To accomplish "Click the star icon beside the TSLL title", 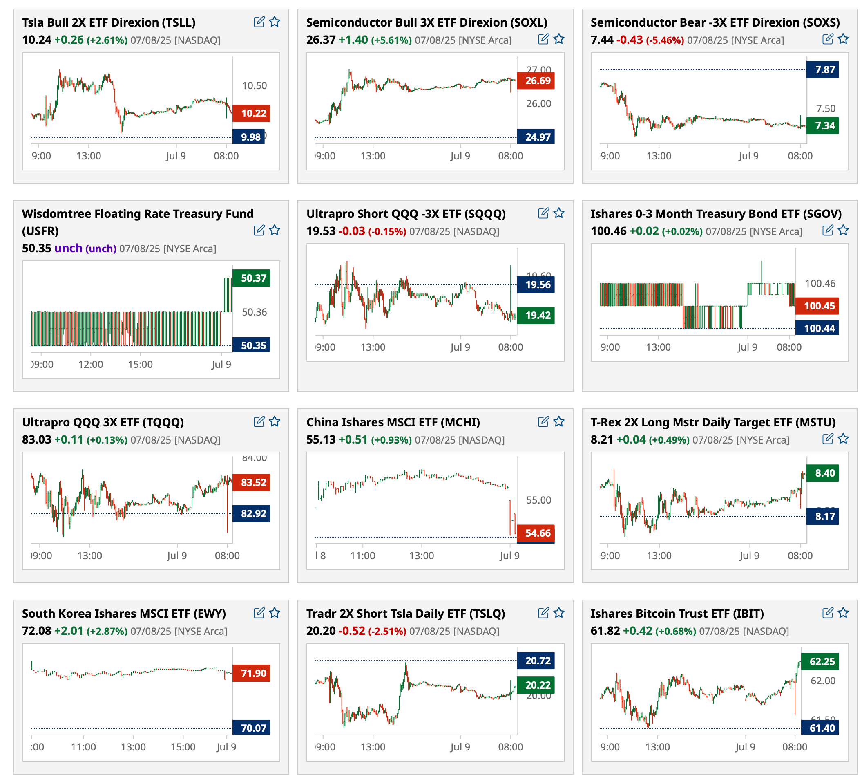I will coord(275,22).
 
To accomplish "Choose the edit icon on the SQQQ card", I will coord(543,213).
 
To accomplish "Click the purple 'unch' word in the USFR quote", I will coord(68,249).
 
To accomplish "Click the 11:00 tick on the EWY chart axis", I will coord(83,747).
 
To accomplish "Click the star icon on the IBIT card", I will coord(843,613).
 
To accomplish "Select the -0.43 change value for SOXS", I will coord(630,40).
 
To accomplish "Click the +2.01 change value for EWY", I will coord(68,631).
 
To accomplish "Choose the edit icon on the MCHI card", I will coord(543,422).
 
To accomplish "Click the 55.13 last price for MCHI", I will coord(321,440).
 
